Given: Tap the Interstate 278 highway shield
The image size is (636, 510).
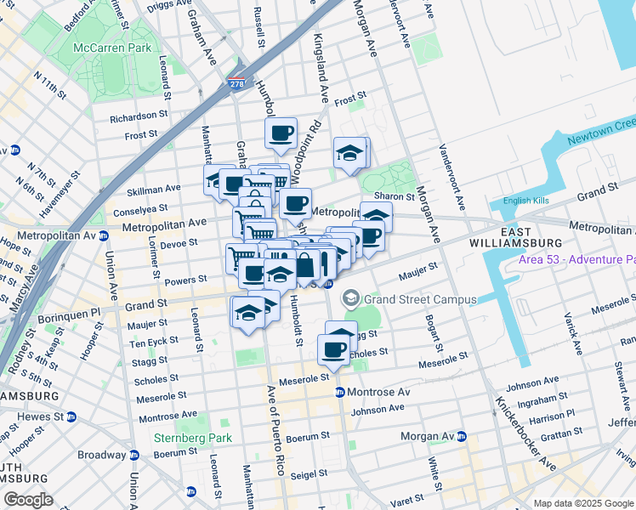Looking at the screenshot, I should click(236, 84).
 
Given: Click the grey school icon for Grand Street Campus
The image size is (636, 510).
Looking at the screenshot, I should click(350, 298).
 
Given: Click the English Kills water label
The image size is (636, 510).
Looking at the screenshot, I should click(527, 201).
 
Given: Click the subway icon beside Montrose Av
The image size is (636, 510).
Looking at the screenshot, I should click(339, 392).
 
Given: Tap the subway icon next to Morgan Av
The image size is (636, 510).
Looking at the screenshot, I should click(462, 437).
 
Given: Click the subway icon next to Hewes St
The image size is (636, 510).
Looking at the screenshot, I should click(71, 417).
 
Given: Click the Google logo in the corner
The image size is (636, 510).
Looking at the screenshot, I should click(29, 500).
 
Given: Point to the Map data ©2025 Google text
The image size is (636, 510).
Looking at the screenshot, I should click(582, 503).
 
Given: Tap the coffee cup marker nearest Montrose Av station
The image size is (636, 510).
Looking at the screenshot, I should click(333, 348).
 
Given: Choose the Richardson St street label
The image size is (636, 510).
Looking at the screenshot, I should click(139, 115).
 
